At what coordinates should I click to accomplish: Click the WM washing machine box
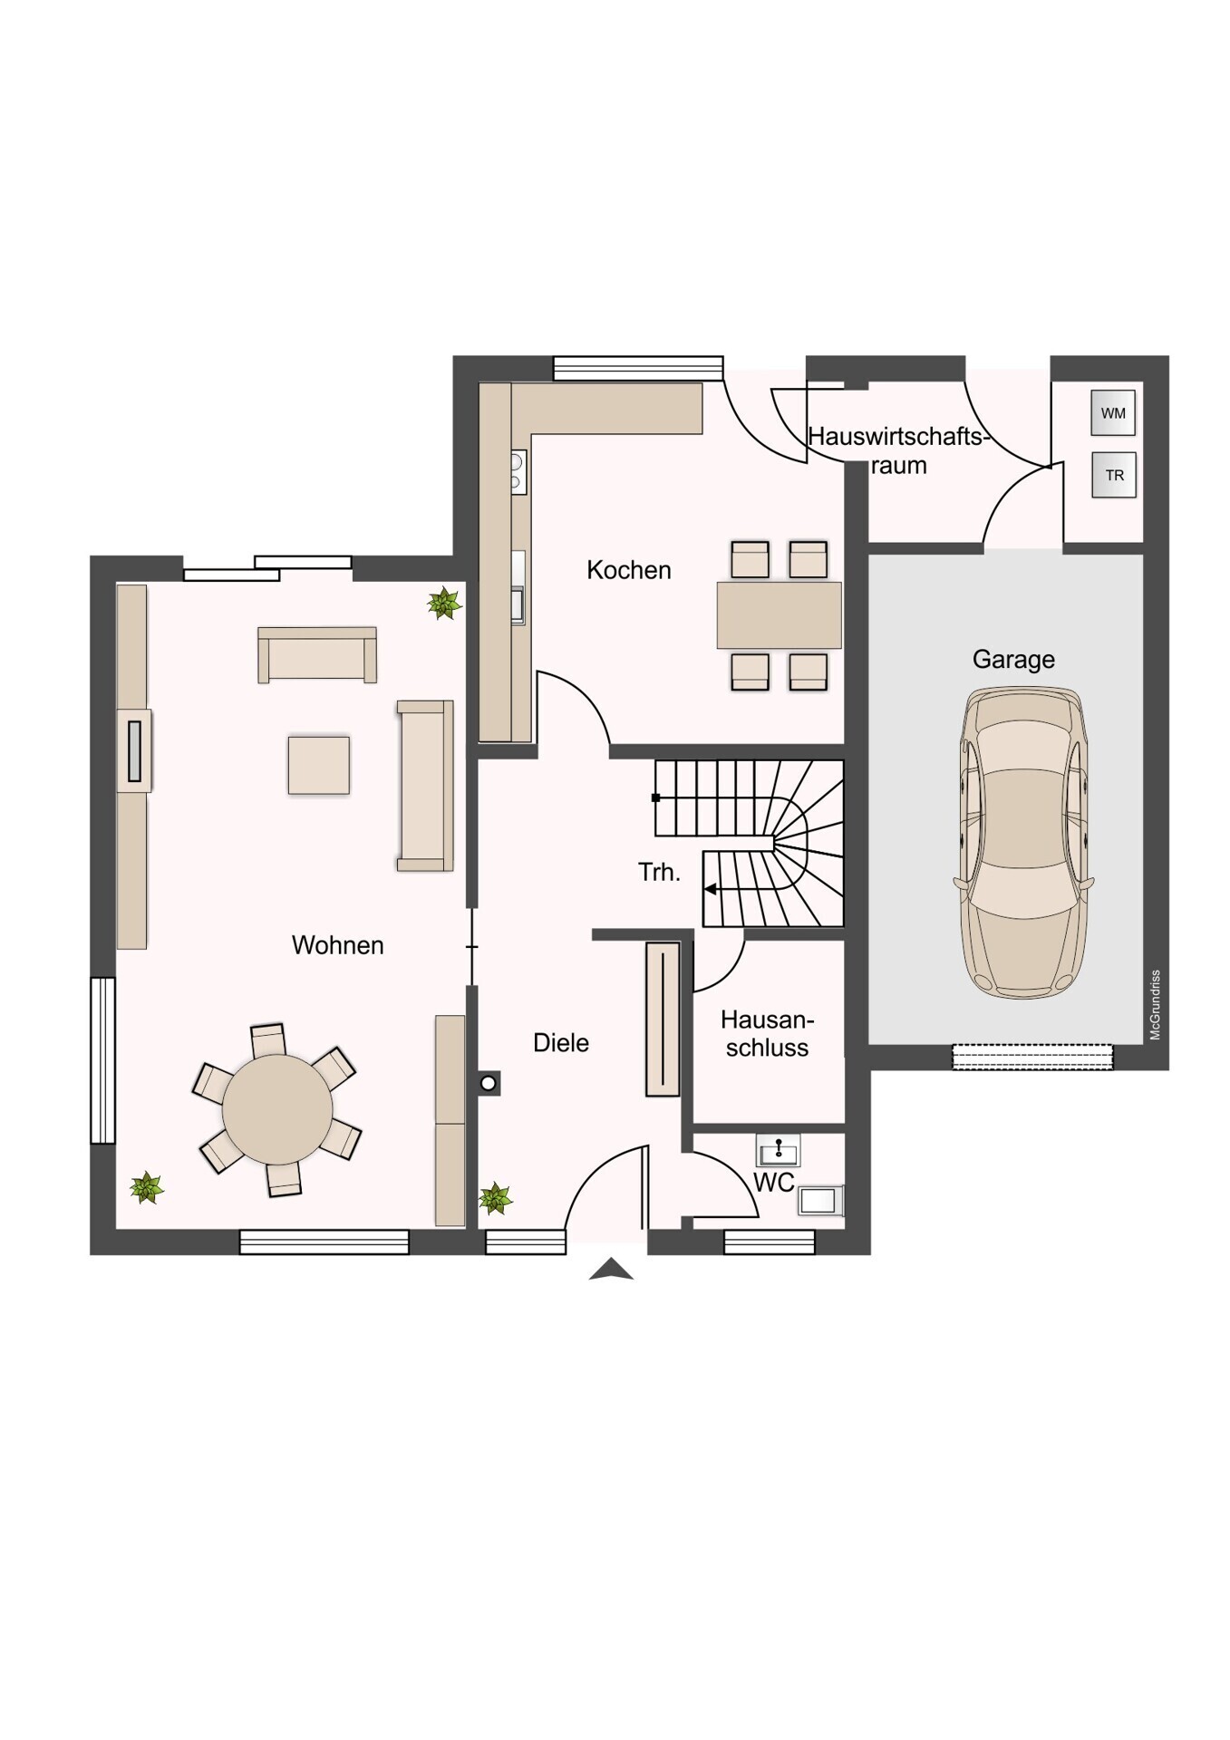pyautogui.click(x=1113, y=413)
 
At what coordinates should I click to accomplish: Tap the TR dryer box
pyautogui.click(x=1114, y=475)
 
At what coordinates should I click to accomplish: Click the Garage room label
pyautogui.click(x=1012, y=659)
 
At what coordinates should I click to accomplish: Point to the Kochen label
pyautogui.click(x=628, y=570)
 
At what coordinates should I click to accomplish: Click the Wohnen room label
pyautogui.click(x=337, y=945)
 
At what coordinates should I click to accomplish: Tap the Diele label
pyautogui.click(x=560, y=1043)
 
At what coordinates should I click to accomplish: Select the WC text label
pyautogui.click(x=773, y=1183)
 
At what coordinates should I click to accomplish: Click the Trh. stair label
pyautogui.click(x=659, y=873)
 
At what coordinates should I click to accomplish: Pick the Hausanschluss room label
pyautogui.click(x=767, y=1034)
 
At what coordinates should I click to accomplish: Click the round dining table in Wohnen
pyautogui.click(x=277, y=1109)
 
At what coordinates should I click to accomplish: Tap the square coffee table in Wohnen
pyautogui.click(x=318, y=766)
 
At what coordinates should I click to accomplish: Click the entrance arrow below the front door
pyautogui.click(x=611, y=1270)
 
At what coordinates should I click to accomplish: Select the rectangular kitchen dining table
pyautogui.click(x=779, y=615)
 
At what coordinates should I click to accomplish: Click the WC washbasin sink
pyautogui.click(x=778, y=1152)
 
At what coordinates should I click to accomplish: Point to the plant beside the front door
pyautogui.click(x=495, y=1199)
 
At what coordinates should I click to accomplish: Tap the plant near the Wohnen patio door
pyautogui.click(x=444, y=603)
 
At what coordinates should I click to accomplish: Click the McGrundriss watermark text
pyautogui.click(x=1155, y=1004)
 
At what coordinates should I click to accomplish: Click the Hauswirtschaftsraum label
pyautogui.click(x=897, y=450)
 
